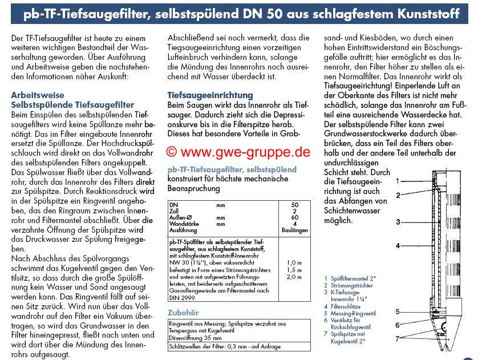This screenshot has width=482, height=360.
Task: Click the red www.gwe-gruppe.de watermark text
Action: click(x=238, y=152)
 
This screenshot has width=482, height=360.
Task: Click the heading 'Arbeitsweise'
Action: click(x=38, y=95)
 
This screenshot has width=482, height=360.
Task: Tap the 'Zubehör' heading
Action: click(x=184, y=313)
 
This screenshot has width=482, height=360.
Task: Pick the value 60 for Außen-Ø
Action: click(x=295, y=217)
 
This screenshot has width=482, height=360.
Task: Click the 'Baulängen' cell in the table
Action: click(x=295, y=230)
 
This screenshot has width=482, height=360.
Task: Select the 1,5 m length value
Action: click(x=295, y=270)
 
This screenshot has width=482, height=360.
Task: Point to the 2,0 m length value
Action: click(x=295, y=277)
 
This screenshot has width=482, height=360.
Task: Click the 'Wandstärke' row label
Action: click(x=184, y=224)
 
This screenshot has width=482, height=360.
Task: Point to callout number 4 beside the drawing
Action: click(x=398, y=246)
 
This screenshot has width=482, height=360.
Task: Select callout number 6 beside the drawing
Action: click(x=398, y=325)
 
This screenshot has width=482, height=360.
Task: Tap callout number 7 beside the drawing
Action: click(x=398, y=339)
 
